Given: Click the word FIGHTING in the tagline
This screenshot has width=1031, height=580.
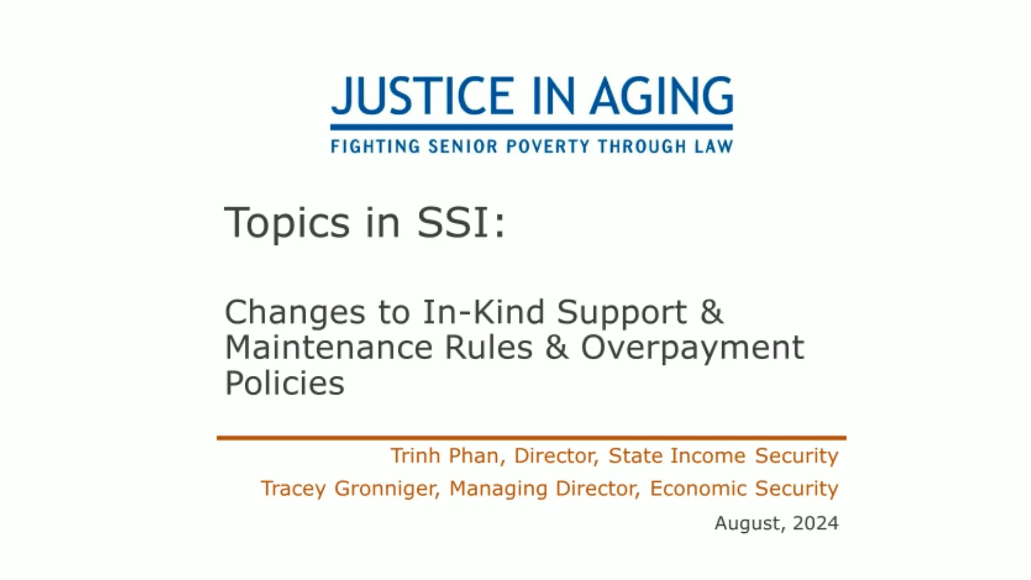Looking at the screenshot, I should [375, 146].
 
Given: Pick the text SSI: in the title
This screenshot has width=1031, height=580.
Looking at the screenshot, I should [461, 222].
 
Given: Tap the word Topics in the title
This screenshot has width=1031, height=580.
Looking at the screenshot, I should [287, 223].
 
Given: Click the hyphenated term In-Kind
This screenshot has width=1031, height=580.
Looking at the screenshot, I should [483, 312].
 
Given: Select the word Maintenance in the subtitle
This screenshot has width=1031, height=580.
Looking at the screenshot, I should [328, 347].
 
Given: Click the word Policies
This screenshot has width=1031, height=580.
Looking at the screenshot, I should [284, 383].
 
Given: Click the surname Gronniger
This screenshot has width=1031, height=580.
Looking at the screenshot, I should [387, 489].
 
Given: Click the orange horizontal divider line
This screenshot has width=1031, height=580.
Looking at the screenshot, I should [531, 438].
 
